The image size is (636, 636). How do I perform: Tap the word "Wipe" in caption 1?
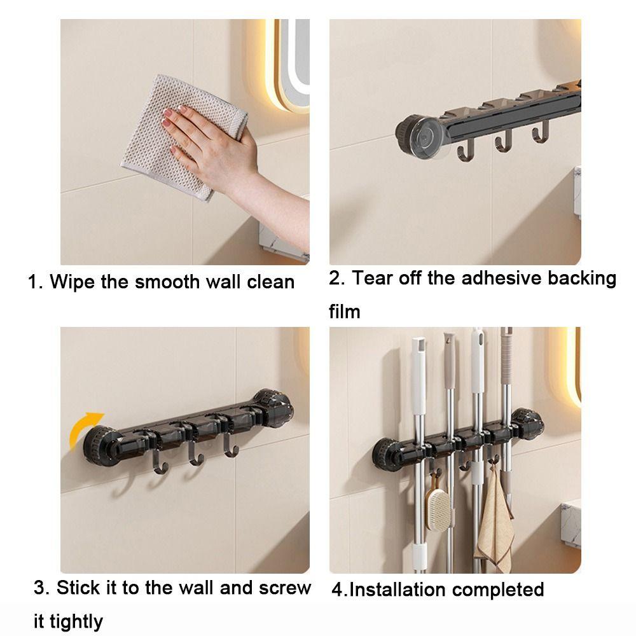point(73,282)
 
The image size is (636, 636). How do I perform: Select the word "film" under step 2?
point(344,312)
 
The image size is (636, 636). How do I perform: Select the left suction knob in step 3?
point(101,446)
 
